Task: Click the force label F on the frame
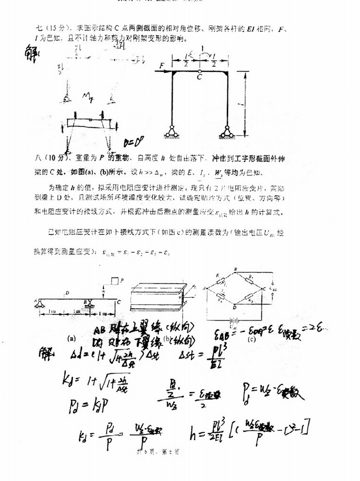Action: tap(162, 65)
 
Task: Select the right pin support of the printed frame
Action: tap(226, 131)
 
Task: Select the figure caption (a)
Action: tap(71, 337)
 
